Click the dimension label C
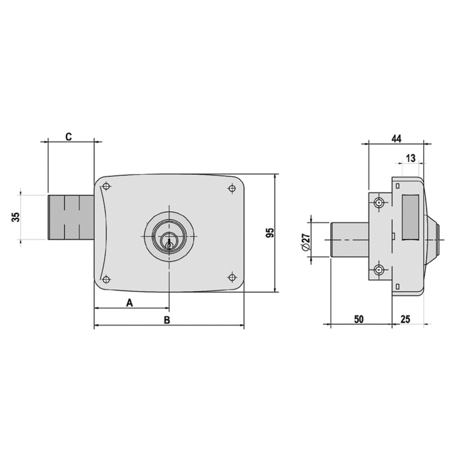pyautogui.click(x=68, y=137)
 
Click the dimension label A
pyautogui.click(x=130, y=302)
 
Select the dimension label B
pyautogui.click(x=167, y=319)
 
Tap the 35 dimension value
pyautogui.click(x=16, y=217)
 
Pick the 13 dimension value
pyautogui.click(x=411, y=158)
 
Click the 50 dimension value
pyautogui.click(x=359, y=319)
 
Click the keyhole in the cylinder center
pyautogui.click(x=168, y=244)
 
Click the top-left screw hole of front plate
pyautogui.click(x=106, y=186)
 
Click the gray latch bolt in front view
pyautogui.click(x=70, y=218)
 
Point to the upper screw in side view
pyautogui.click(x=379, y=203)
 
